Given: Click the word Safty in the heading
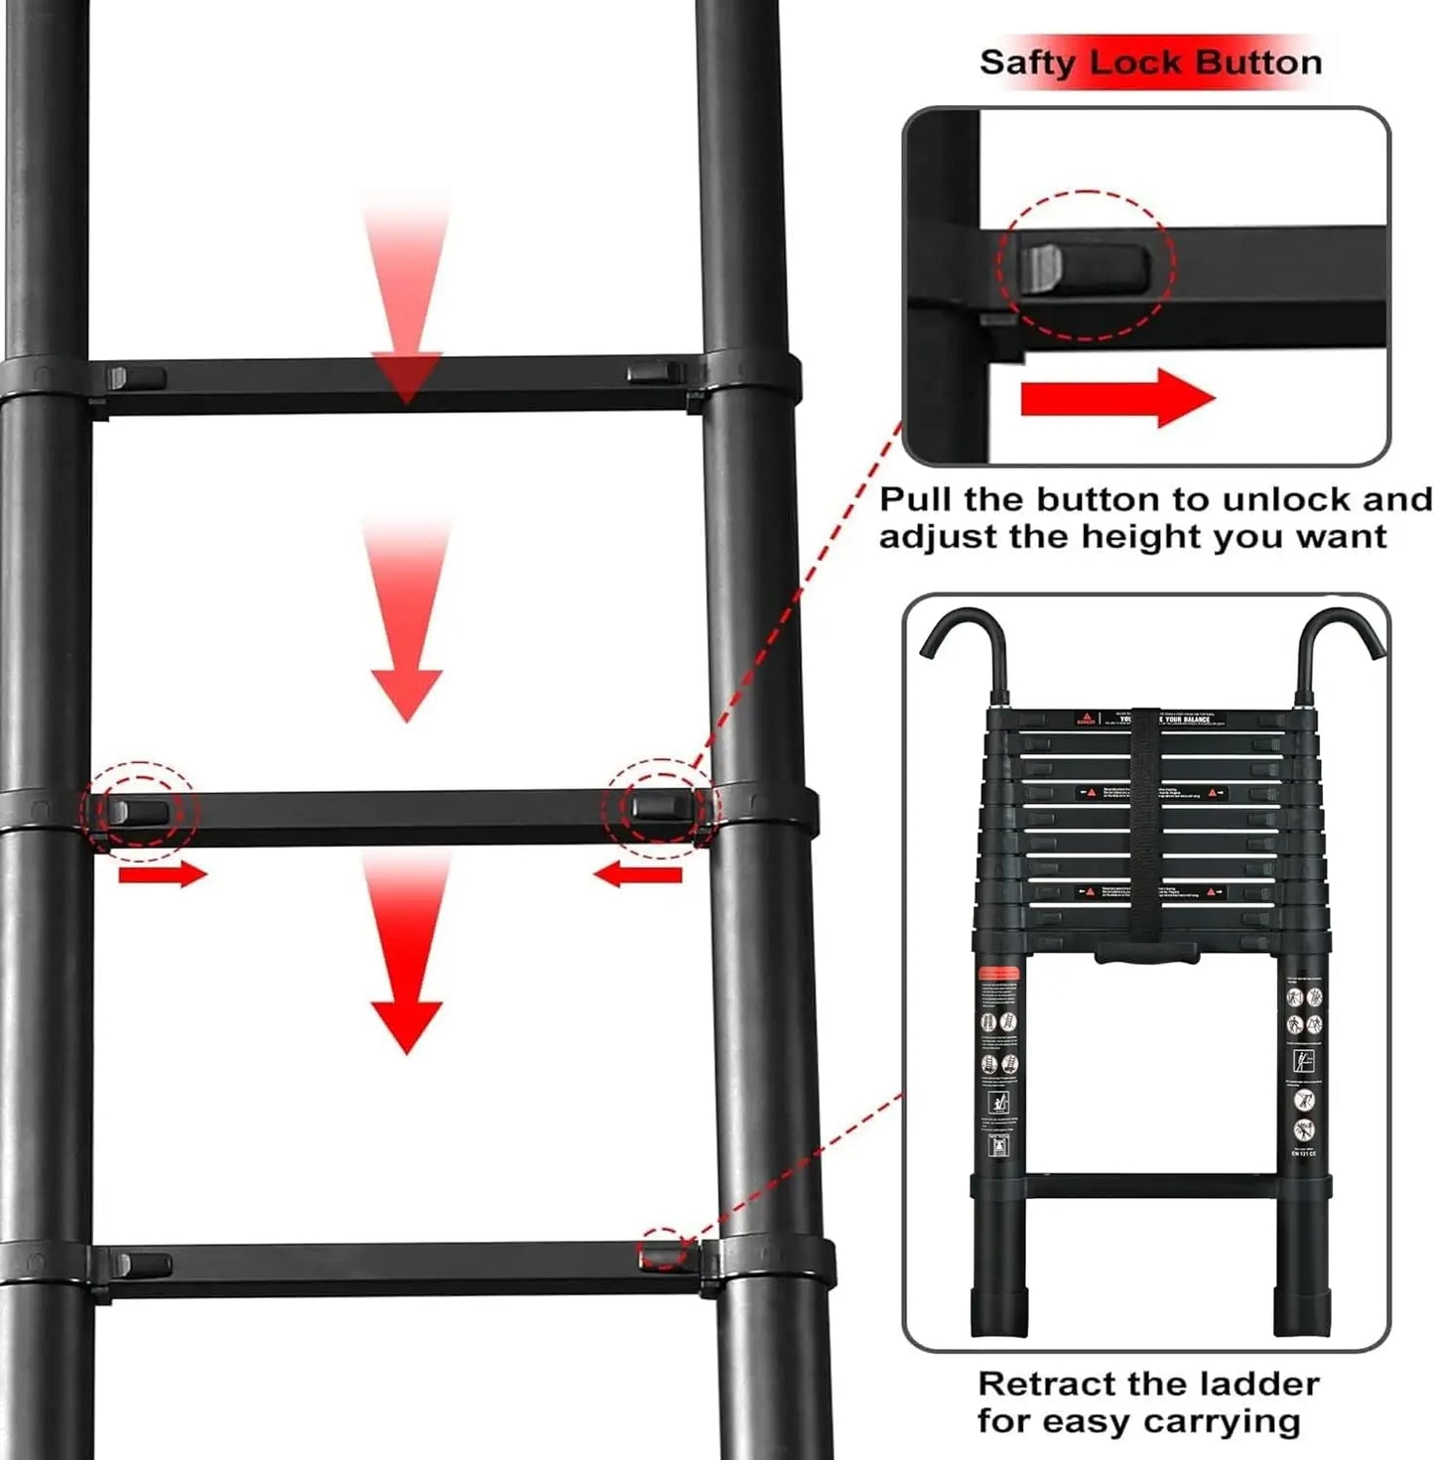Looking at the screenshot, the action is point(1027,63).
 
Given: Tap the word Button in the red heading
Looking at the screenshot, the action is point(1258,63).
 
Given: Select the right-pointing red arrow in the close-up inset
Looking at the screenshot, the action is point(1117,398).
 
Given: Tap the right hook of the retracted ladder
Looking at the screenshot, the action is point(1339,645).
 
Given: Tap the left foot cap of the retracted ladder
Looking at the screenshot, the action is point(997,1312).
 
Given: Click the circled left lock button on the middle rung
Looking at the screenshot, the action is point(139,812).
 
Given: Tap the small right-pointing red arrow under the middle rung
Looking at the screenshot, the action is point(163,874).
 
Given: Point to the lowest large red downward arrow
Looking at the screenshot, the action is point(406,953).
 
